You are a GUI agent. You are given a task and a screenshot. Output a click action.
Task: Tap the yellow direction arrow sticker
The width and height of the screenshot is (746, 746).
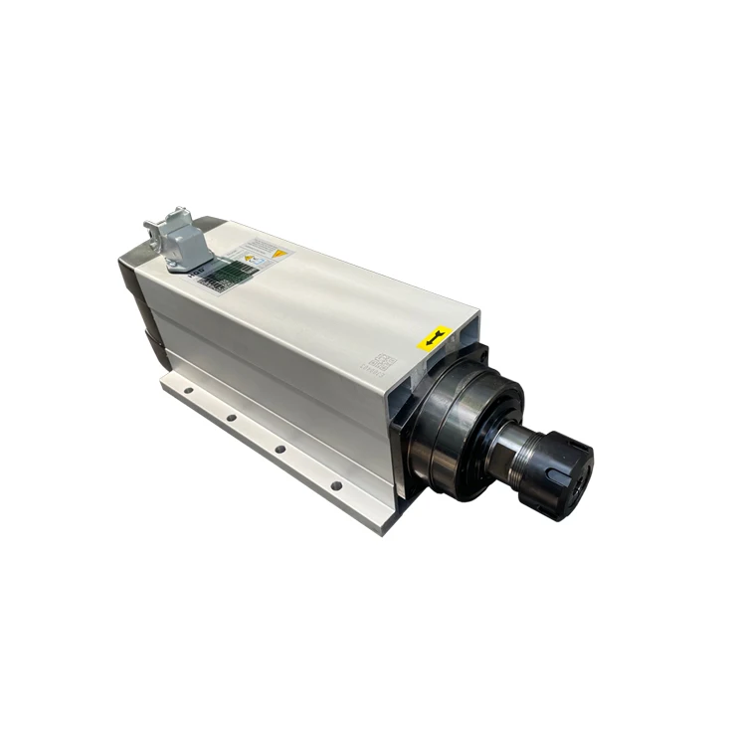pos(435,339)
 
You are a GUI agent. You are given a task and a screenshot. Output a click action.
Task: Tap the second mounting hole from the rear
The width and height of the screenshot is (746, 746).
pos(231,417)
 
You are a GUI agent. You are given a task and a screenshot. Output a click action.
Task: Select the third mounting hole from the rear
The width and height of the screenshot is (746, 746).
pos(280,449)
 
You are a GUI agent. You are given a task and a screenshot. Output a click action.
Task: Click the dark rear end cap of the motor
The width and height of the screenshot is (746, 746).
pos(138,298)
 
